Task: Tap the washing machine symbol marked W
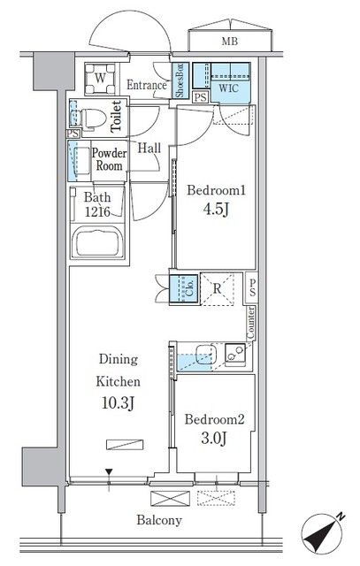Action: [99, 79]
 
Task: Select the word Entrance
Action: [147, 85]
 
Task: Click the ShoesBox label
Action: [180, 80]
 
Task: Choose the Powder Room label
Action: [110, 159]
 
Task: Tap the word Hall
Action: [149, 148]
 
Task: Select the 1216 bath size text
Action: [99, 212]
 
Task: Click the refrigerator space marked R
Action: [218, 287]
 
